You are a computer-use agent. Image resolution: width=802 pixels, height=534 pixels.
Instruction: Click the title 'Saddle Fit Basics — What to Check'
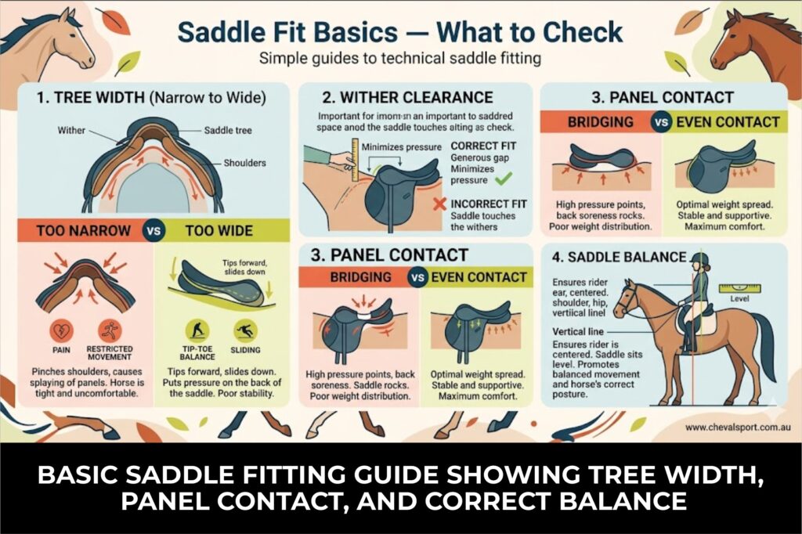(x=400, y=32)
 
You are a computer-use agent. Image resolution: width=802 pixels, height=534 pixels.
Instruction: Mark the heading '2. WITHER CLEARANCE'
(x=407, y=98)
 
